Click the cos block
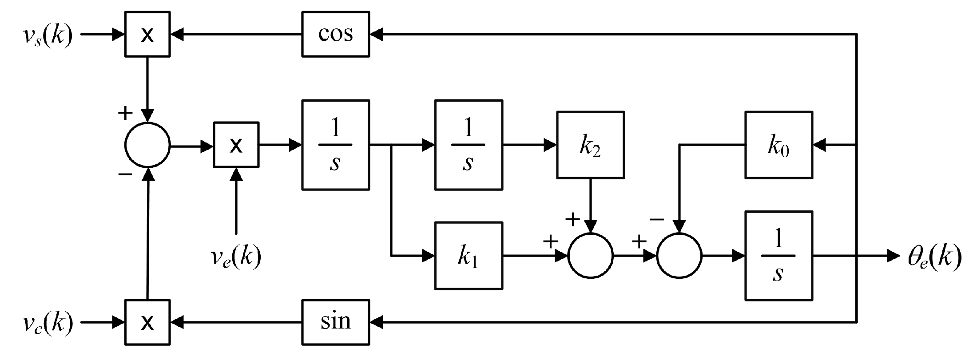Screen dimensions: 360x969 (x=335, y=34)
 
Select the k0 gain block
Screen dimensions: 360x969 (x=778, y=145)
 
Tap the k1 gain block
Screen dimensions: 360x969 (x=469, y=256)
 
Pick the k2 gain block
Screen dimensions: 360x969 (x=590, y=145)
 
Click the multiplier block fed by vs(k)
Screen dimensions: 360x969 (x=147, y=34)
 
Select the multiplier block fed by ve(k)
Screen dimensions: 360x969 (x=236, y=145)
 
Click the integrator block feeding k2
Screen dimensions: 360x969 (x=469, y=145)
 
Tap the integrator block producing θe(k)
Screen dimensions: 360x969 (x=778, y=256)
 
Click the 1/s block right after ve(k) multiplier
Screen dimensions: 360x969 (x=335, y=145)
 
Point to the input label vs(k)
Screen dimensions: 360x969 (x=48, y=35)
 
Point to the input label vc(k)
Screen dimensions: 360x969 (x=48, y=323)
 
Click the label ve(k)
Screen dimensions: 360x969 (x=236, y=256)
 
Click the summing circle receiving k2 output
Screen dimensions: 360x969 (x=590, y=256)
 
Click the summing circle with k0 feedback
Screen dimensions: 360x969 (x=679, y=256)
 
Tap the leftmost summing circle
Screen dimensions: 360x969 (x=147, y=145)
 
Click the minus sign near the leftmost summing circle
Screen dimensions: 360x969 (x=125, y=174)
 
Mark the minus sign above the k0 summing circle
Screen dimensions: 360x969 (x=657, y=219)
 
